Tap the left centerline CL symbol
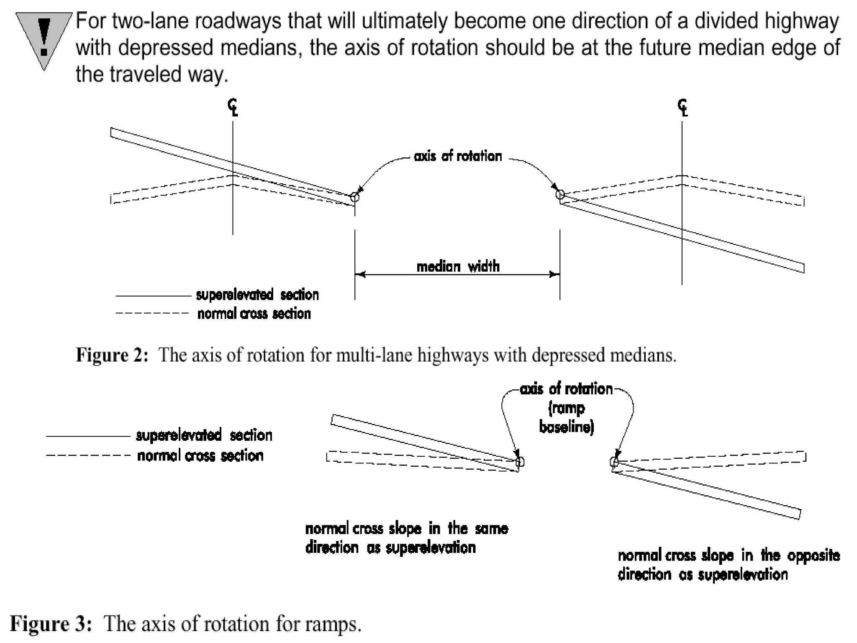tap(233, 107)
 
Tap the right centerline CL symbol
tap(683, 107)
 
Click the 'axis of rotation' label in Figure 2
tap(458, 156)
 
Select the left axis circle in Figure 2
tap(354, 197)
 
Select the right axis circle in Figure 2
tap(560, 194)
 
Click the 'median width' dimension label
tap(458, 266)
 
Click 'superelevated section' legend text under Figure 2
tap(257, 295)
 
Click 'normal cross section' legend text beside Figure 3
tap(200, 455)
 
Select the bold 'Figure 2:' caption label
tap(112, 355)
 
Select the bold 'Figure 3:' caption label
tap(51, 624)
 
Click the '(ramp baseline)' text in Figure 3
tap(567, 418)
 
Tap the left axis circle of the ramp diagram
tap(519, 462)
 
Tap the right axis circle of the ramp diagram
tap(614, 462)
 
